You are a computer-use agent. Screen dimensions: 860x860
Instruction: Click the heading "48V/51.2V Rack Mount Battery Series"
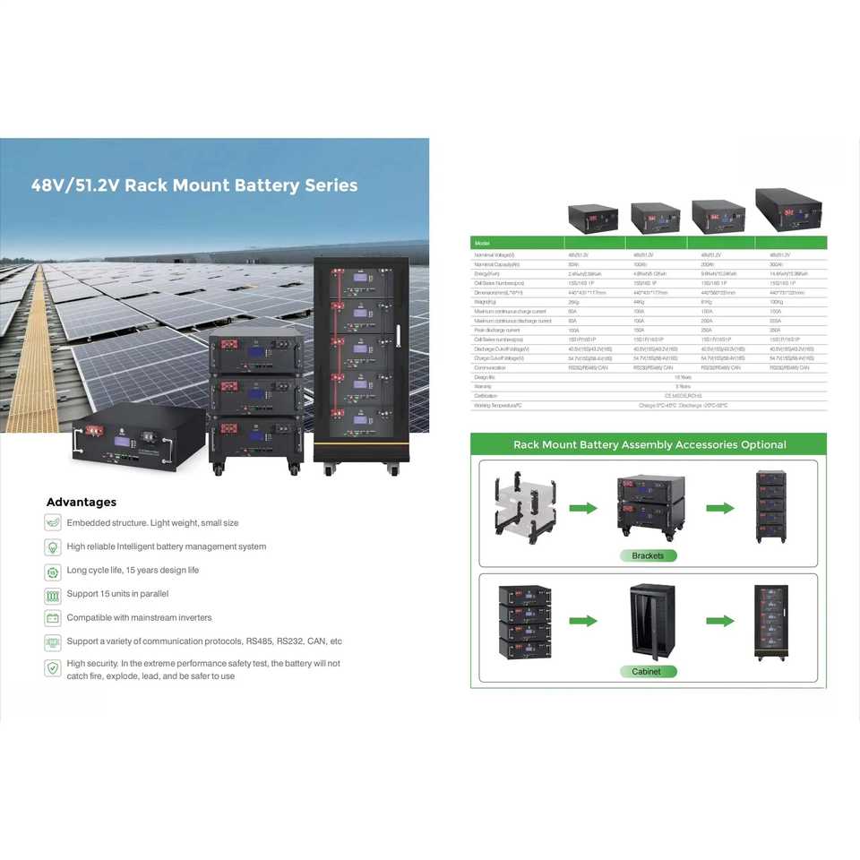point(194,186)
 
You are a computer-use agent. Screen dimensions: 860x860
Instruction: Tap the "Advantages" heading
point(82,502)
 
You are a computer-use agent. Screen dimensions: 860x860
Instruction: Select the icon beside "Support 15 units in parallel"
point(52,594)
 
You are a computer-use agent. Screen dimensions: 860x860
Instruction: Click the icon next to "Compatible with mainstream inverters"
point(52,618)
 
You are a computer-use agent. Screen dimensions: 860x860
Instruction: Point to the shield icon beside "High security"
point(52,667)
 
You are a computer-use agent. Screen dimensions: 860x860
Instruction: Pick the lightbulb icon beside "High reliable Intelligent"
point(52,546)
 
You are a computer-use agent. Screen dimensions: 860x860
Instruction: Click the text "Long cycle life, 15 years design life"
point(133,570)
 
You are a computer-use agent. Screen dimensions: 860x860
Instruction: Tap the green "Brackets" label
point(648,555)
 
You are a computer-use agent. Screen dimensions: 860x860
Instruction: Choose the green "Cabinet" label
point(647,671)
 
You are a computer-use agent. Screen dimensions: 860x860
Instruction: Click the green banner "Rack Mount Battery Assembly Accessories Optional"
point(649,444)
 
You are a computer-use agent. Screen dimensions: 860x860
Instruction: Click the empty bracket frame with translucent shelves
point(525,508)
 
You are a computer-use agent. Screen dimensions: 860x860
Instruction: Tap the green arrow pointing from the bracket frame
point(583,508)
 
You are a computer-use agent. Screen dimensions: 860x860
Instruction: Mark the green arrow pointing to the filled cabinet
point(720,620)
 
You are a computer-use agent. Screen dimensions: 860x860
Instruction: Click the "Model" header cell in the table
point(483,243)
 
